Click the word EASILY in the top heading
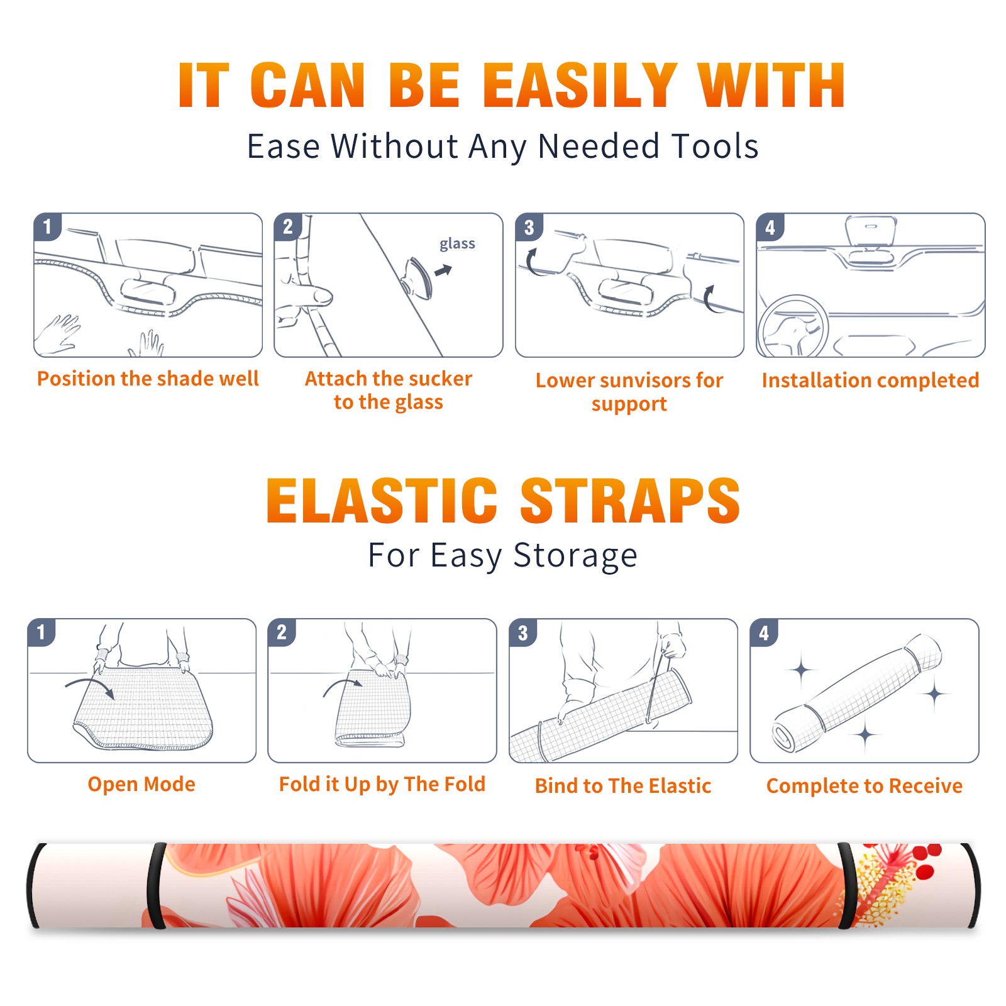580,86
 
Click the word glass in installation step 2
457,244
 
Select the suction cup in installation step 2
417,277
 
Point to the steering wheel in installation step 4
793,326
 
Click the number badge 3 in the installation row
529,227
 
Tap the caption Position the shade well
148,379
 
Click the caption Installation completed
870,380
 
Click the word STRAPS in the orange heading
630,500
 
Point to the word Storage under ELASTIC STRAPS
575,556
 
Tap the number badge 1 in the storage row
41,632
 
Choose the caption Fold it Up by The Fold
382,785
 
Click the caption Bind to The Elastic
622,786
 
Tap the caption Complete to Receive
864,786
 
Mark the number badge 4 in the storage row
764,632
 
